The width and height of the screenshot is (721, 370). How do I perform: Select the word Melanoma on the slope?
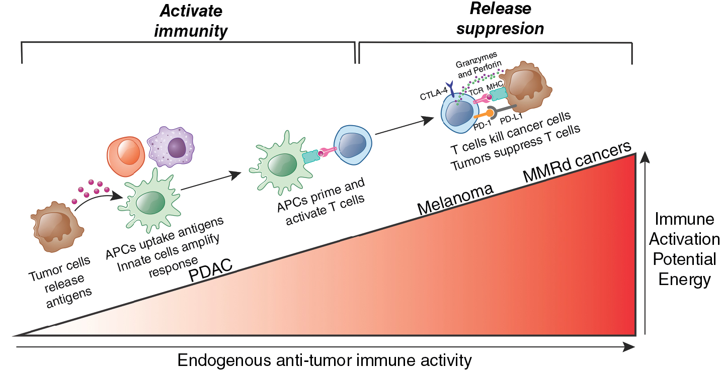tap(454, 200)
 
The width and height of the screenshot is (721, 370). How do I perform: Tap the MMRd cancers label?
tap(577, 163)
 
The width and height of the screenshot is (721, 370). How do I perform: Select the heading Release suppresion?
tap(500, 19)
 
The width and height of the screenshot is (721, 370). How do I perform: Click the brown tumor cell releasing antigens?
tap(54, 229)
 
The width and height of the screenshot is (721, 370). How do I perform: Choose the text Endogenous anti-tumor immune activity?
tap(325, 360)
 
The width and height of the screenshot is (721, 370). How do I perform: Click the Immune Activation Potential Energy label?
tap(684, 249)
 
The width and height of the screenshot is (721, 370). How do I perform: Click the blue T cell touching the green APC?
tap(353, 145)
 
